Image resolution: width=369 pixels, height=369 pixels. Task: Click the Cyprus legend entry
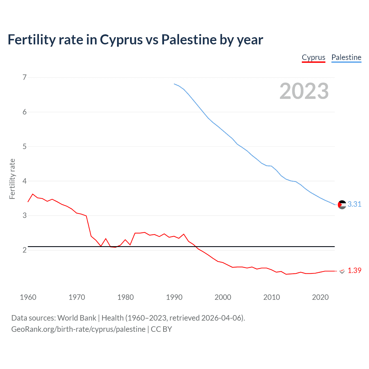(313, 57)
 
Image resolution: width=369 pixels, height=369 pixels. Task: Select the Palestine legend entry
(346, 57)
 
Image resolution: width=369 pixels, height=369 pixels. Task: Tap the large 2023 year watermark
(304, 91)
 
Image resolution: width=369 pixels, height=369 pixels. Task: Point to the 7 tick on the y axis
(25, 77)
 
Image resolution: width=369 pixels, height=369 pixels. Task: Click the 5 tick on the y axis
(25, 146)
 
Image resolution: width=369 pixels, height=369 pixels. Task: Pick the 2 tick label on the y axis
(25, 250)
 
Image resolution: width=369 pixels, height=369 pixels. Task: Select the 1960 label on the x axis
(28, 297)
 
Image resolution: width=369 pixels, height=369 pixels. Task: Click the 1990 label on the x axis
(174, 297)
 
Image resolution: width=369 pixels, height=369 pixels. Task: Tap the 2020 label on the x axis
(320, 297)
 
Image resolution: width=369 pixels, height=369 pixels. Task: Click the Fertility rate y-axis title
(12, 179)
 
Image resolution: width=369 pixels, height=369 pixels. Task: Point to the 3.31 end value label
(354, 204)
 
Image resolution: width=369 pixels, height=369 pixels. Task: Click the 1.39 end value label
(354, 270)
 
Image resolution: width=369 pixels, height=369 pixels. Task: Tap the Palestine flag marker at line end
(342, 205)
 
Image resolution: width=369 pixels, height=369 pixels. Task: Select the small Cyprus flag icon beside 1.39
(342, 271)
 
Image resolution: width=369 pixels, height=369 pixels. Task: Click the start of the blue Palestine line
(174, 84)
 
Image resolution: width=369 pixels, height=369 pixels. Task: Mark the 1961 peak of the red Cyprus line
(33, 194)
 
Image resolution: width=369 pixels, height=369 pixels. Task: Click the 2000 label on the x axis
(223, 297)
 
